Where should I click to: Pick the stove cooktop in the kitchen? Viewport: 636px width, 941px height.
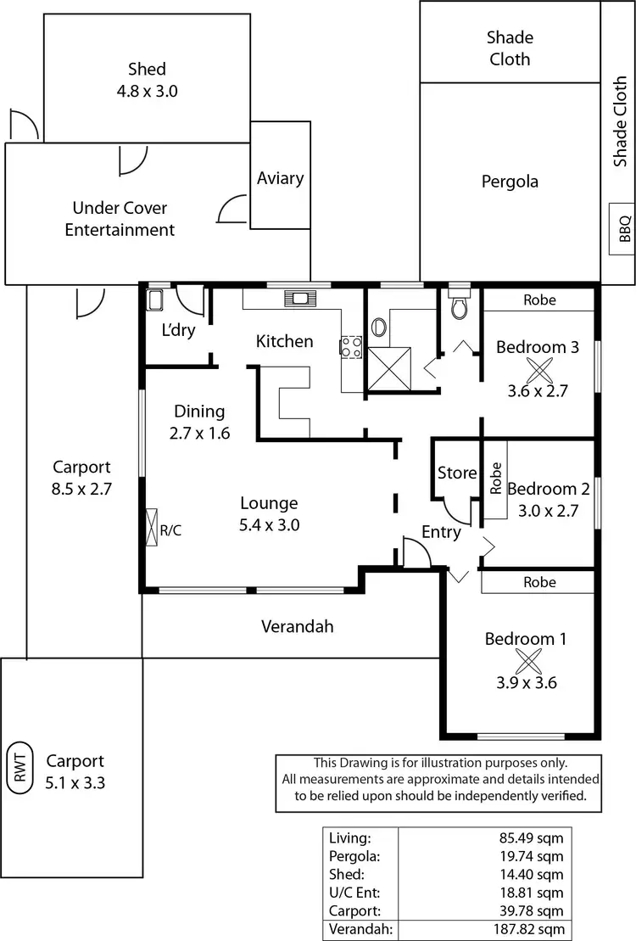(351, 346)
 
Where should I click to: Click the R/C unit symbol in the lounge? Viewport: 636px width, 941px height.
(152, 527)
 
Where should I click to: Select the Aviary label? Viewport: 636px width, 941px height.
(280, 178)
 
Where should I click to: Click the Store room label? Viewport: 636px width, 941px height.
(456, 473)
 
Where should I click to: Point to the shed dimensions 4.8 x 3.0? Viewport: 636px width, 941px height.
(148, 91)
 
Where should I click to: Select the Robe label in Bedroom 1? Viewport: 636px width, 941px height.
(539, 582)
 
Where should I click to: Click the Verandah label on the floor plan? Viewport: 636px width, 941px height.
(297, 627)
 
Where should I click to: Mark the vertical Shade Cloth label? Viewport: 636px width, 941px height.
(620, 121)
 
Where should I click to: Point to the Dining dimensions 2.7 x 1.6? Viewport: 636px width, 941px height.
(200, 433)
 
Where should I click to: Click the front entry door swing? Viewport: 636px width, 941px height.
(416, 556)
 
